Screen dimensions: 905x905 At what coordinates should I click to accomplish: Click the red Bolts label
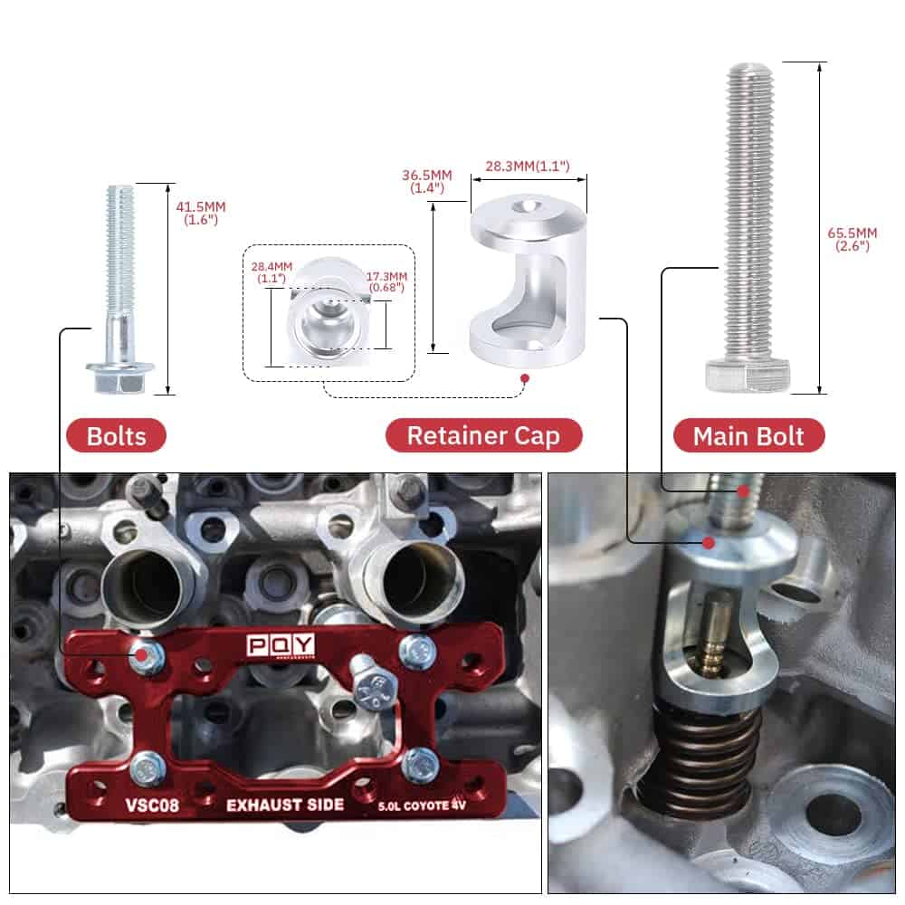click(117, 435)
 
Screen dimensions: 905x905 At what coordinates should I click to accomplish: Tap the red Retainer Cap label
click(483, 435)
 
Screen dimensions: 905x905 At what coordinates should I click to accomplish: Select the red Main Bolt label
click(748, 435)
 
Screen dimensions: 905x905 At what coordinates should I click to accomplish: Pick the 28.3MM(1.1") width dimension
click(527, 166)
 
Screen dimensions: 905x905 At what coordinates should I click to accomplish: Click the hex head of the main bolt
click(748, 375)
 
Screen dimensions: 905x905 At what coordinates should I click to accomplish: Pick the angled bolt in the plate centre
click(372, 680)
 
